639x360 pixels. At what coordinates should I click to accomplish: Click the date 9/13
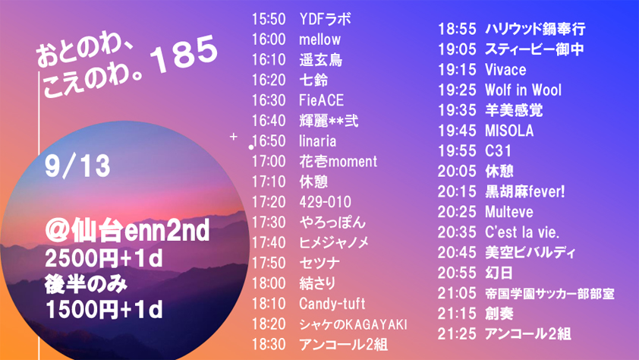[x=77, y=166]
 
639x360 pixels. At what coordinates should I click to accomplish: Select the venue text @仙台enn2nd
[x=127, y=231]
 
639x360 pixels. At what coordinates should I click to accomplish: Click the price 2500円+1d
[x=104, y=258]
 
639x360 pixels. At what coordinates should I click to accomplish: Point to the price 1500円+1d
[x=104, y=309]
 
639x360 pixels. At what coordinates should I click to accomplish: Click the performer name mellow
[x=320, y=39]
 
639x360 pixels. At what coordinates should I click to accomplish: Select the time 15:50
[x=269, y=19]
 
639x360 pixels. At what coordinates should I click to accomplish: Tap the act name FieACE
[x=322, y=100]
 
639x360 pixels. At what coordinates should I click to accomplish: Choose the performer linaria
[x=318, y=141]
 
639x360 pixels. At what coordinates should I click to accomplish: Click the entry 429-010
[x=326, y=202]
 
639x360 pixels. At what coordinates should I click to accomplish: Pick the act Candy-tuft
[x=332, y=304]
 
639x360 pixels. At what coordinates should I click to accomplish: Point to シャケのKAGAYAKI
[x=354, y=324]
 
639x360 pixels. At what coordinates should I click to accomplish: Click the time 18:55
[x=457, y=29]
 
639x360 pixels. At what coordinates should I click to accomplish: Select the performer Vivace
[x=505, y=70]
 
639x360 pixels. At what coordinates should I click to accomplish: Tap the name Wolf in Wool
[x=523, y=90]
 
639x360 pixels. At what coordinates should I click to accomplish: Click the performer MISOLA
[x=509, y=131]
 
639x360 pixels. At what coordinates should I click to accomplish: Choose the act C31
[x=498, y=151]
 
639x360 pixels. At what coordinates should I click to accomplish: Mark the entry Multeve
[x=509, y=212]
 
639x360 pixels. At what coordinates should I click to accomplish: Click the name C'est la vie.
[x=522, y=232]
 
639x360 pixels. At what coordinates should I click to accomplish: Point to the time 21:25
[x=457, y=334]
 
